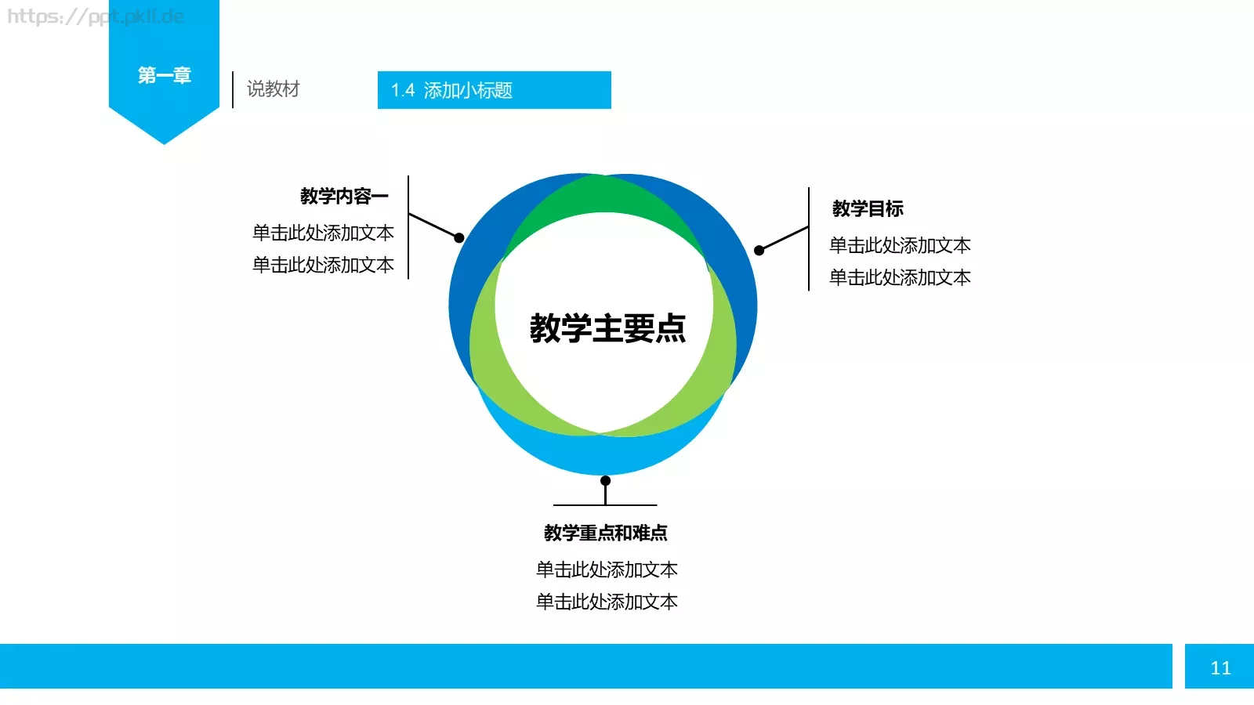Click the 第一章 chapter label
pyautogui.click(x=165, y=75)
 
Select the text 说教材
pyautogui.click(x=273, y=89)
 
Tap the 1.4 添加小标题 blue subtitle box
pyautogui.click(x=494, y=90)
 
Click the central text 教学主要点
pyautogui.click(x=607, y=328)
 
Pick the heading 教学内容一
pyautogui.click(x=344, y=196)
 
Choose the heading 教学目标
pyautogui.click(x=868, y=208)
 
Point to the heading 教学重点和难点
pyautogui.click(x=606, y=533)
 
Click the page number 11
pyautogui.click(x=1220, y=667)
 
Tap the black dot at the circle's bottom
pyautogui.click(x=605, y=480)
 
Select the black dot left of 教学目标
pyautogui.click(x=759, y=251)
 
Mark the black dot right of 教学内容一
pyautogui.click(x=459, y=237)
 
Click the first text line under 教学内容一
pyautogui.click(x=323, y=233)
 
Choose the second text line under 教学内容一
pyautogui.click(x=323, y=265)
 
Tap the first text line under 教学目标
pyautogui.click(x=900, y=245)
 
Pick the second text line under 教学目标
pyautogui.click(x=900, y=277)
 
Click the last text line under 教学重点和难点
pyautogui.click(x=607, y=602)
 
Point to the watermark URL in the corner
pyautogui.click(x=95, y=16)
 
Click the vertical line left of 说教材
pyautogui.click(x=233, y=89)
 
